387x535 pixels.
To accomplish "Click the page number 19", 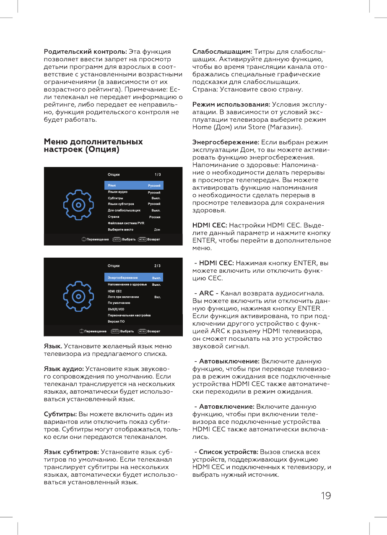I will pos(325,496).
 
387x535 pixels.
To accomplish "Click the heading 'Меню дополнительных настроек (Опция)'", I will pos(93,146).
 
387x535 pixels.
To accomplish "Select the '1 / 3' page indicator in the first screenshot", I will pos(157,174).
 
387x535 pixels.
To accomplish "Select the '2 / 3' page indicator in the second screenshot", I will pos(157,266).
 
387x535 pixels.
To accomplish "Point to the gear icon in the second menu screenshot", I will pos(78,296).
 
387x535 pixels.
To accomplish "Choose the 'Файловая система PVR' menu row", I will pos(126,223).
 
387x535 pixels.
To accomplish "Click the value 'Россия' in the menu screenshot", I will pos(155,217).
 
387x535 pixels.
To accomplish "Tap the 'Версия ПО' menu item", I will pos(116,321).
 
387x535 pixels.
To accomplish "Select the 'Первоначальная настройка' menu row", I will pos(129,315).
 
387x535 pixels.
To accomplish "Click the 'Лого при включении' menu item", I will pos(123,297).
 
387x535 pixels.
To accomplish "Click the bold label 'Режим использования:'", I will pos(231,104).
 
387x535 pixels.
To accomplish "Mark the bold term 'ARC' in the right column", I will pos(206,293).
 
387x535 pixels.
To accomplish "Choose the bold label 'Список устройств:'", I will pos(229,452).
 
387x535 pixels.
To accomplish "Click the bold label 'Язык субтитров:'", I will pos(71,452).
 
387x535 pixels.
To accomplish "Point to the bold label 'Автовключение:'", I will pos(226,407).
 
